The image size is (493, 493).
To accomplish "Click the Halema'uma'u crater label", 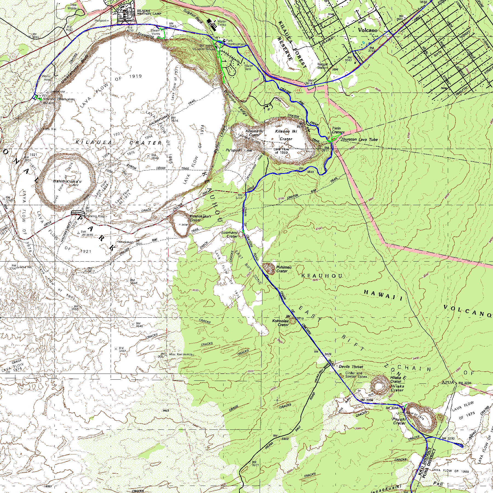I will click(x=67, y=181).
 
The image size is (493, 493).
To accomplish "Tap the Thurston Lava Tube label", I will click(x=359, y=140).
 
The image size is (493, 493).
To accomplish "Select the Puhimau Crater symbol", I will click(x=269, y=268).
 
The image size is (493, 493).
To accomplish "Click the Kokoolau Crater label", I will click(x=280, y=323).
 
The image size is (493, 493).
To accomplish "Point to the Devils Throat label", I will click(x=351, y=366).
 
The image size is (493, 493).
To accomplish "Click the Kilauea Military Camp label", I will click(x=149, y=12).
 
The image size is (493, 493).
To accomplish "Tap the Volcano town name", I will click(x=368, y=30).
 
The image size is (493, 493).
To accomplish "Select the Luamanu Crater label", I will click(x=230, y=234).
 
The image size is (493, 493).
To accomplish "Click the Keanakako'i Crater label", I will click(x=200, y=218).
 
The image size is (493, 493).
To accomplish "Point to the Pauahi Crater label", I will click(x=399, y=421).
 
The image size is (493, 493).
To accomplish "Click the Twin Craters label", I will click(x=338, y=130).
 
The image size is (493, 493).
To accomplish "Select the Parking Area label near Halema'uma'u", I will click(x=95, y=216).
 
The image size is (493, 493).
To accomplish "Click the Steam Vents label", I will click(x=155, y=32).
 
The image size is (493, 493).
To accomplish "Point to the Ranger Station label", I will click(x=322, y=66).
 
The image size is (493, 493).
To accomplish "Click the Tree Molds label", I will click(x=72, y=7).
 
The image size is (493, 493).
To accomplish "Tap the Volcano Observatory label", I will click(x=59, y=99).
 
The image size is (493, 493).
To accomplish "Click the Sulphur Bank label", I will click(x=193, y=17).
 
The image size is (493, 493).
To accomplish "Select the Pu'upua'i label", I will click(x=234, y=150).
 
